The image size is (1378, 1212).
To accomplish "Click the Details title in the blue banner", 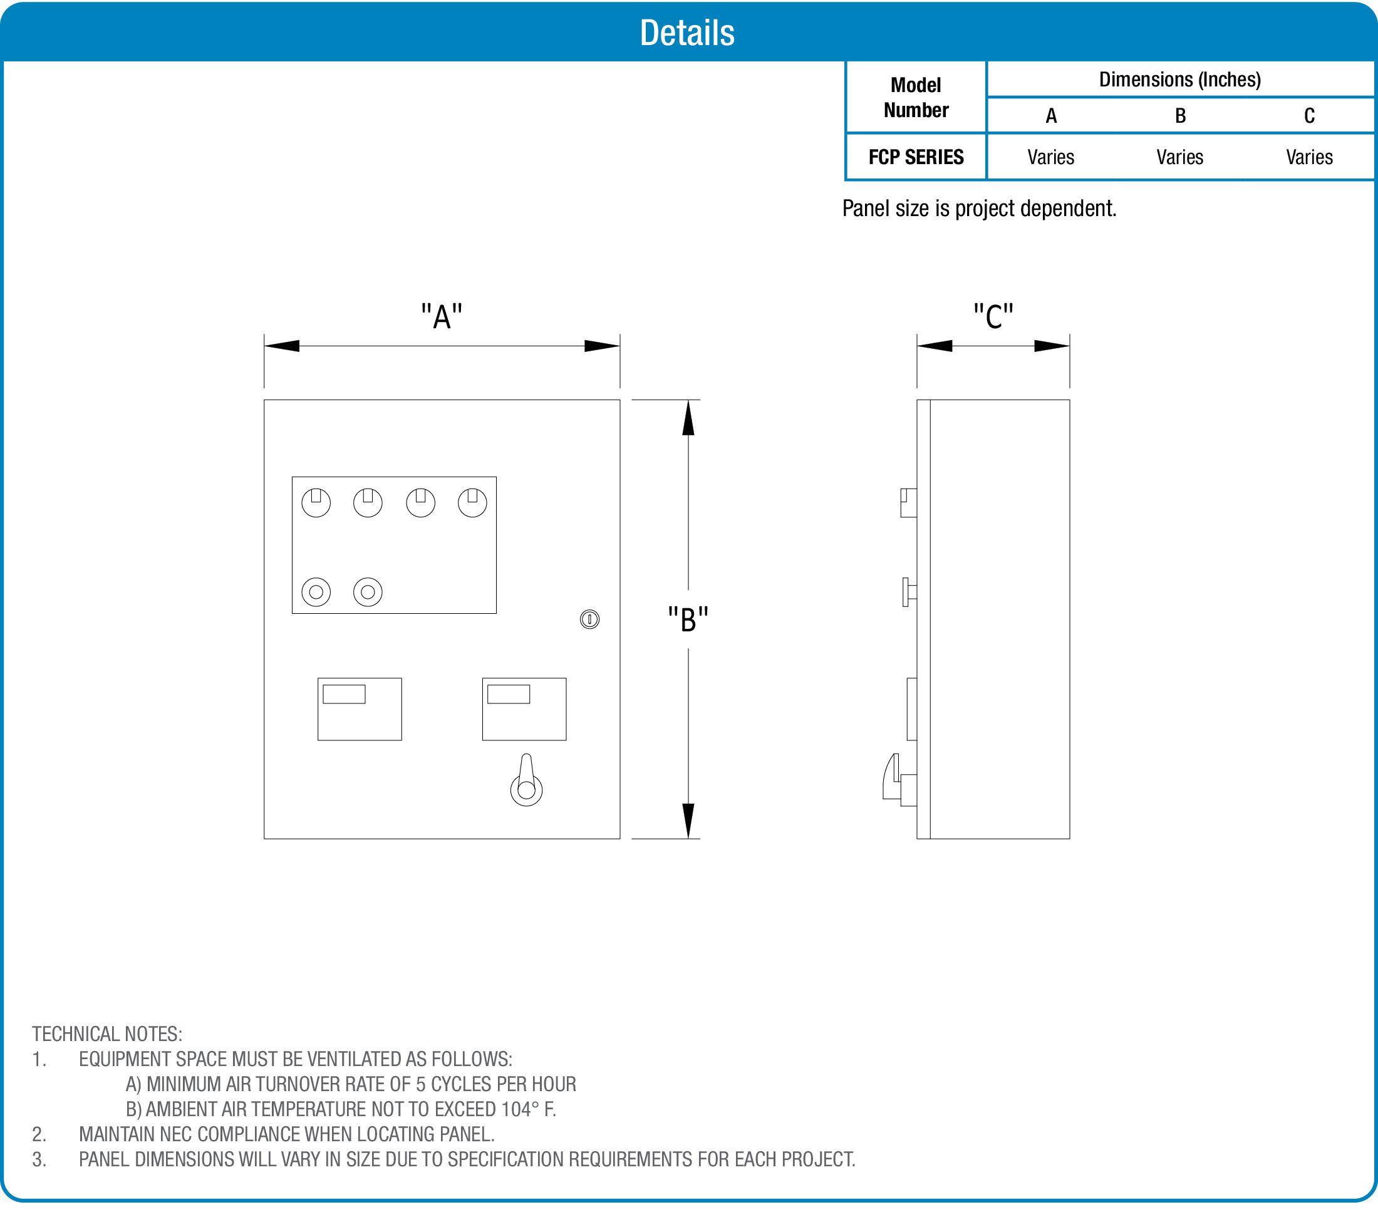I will coord(687,33).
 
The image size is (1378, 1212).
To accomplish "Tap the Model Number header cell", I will coord(916,97).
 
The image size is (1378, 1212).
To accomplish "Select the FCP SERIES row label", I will coord(916,157).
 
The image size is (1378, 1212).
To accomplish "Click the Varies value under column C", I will coord(1308,157).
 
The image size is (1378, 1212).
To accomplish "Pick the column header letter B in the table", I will coord(1180,116).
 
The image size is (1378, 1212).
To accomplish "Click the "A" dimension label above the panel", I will coord(442,316).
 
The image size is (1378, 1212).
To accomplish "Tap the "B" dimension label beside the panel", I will coord(688,619).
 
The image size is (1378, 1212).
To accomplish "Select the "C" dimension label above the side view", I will coord(993,316).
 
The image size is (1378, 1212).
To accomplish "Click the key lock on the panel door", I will coord(589,619).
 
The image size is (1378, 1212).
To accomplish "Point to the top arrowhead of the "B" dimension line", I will coord(688,418).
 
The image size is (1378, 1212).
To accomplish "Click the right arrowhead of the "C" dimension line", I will coord(1052,346).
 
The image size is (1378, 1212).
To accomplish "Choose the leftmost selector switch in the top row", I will coord(316,502).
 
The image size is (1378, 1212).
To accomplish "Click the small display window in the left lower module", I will coord(344,693).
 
